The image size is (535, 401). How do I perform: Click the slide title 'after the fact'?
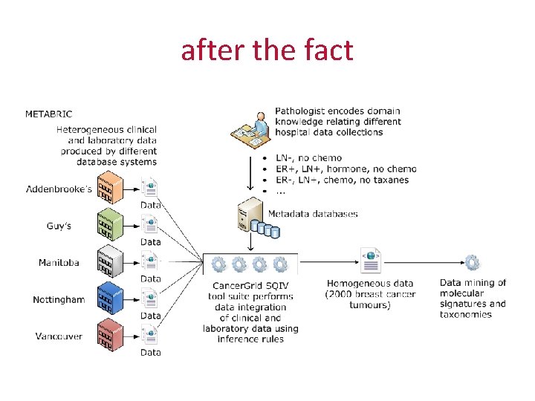coord(267,50)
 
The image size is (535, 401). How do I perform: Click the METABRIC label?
coord(48,114)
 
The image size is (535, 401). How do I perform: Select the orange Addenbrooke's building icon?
coord(111,189)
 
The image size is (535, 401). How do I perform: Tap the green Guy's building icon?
coord(111,225)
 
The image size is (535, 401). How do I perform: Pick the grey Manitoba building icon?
coord(111,262)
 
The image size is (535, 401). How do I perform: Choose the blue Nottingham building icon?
coord(111,299)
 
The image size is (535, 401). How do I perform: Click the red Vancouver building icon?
coord(111,336)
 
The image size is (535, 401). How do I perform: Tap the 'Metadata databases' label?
coord(313,214)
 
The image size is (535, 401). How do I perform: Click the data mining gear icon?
coord(472,263)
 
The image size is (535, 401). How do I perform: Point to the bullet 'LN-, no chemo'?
coord(308,157)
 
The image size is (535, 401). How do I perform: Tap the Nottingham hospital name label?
coord(59,300)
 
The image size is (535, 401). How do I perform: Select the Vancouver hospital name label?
coord(59,336)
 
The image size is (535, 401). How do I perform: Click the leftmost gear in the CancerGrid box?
coord(218,264)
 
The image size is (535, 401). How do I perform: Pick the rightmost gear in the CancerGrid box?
coord(280,264)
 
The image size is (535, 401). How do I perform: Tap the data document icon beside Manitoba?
coord(151,261)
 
